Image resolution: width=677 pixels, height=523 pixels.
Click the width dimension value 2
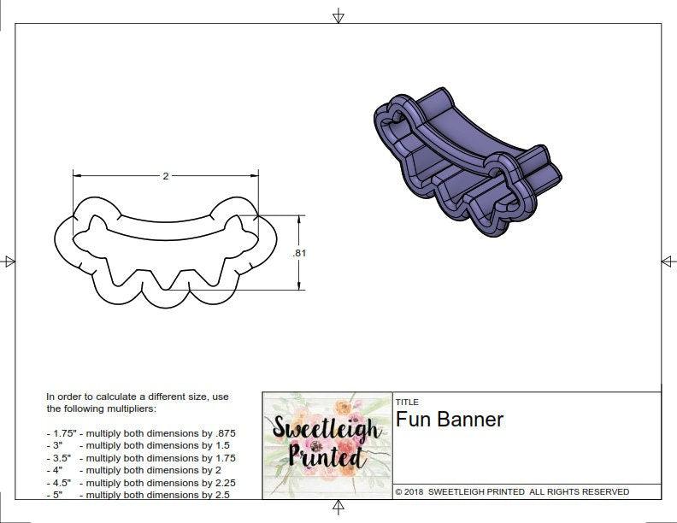pos(165,176)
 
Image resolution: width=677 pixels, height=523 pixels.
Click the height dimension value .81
pos(298,253)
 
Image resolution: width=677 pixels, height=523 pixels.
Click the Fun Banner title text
pos(450,420)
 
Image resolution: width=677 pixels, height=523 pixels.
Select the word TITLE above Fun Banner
pos(407,402)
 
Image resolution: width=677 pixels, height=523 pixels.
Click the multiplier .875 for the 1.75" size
pos(223,433)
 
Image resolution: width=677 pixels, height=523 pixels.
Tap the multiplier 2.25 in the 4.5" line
pos(221,482)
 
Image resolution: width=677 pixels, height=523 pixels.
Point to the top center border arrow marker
pos(338,16)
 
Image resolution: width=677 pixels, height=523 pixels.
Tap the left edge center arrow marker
pos(9,261)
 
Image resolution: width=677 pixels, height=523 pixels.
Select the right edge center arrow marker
pos(668,261)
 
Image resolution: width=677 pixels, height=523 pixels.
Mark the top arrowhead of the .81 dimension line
pos(298,220)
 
